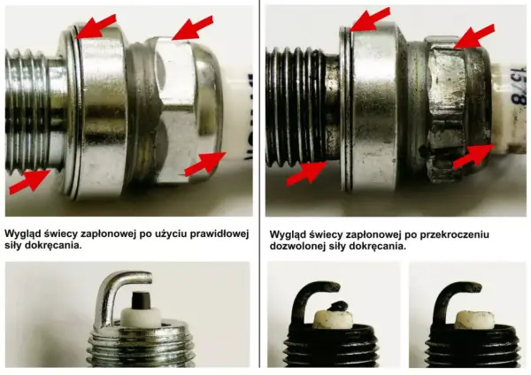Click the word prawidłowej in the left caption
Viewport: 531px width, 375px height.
pos(219,234)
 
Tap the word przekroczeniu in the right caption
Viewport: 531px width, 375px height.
pos(455,234)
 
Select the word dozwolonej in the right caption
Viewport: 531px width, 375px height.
pos(297,247)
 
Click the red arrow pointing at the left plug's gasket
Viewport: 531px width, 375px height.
pos(96,27)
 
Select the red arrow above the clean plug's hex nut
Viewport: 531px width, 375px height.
pos(193,28)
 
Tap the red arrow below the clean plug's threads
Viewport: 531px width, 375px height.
pos(29,182)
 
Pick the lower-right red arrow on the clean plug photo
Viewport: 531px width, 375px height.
pos(205,165)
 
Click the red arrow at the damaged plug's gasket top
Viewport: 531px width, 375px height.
pos(370,19)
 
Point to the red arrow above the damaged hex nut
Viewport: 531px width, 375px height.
pos(474,36)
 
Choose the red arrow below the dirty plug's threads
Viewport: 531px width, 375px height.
pos(307,174)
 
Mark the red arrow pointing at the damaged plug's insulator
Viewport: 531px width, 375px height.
pos(473,157)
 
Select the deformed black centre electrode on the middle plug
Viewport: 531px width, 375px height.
pos(338,306)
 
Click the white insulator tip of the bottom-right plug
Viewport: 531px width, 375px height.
pos(474,319)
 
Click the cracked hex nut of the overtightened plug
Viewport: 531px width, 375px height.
pos(447,111)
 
